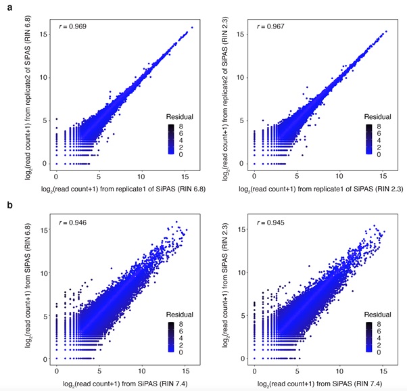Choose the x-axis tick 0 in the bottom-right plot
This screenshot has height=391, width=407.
point(254,369)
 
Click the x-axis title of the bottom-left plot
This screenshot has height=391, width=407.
point(121,384)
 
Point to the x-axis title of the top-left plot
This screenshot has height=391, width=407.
point(121,187)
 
